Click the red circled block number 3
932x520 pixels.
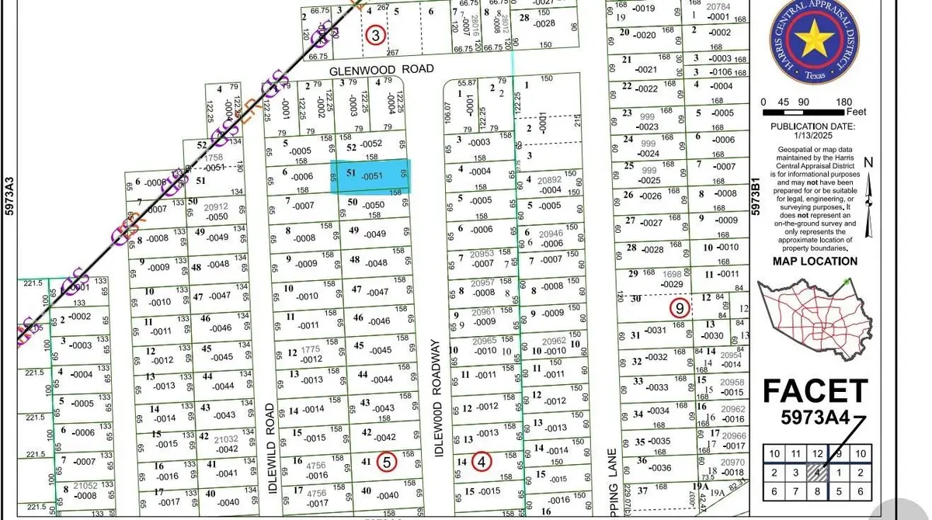point(376,35)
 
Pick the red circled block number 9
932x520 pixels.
point(680,308)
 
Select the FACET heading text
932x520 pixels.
point(815,390)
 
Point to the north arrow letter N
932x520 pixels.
point(868,162)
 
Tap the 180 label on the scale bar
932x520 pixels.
point(845,102)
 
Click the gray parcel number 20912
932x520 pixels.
point(216,207)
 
